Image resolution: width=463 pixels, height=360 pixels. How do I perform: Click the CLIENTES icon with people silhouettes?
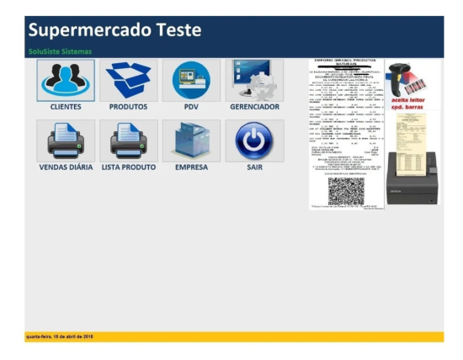click(66, 80)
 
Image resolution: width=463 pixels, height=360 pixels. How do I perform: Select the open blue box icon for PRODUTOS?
click(128, 80)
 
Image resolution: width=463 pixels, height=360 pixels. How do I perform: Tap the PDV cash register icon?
click(191, 80)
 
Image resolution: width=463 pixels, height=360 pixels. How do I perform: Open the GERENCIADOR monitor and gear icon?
click(254, 80)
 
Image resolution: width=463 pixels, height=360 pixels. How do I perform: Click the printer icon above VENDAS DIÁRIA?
click(66, 140)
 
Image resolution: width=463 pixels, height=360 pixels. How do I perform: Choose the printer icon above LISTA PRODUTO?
click(128, 140)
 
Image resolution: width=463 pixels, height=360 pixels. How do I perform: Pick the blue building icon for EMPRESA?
click(191, 140)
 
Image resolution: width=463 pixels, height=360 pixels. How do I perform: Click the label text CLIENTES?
click(66, 108)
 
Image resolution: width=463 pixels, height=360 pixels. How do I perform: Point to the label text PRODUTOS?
click(128, 108)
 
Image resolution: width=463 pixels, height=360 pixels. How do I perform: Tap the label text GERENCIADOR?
click(254, 108)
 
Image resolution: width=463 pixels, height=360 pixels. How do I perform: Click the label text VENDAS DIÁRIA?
click(67, 167)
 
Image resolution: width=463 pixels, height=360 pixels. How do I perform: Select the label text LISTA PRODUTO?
click(128, 167)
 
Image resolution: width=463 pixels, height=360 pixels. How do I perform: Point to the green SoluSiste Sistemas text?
click(60, 51)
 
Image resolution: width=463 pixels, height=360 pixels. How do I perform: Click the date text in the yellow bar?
click(60, 336)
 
